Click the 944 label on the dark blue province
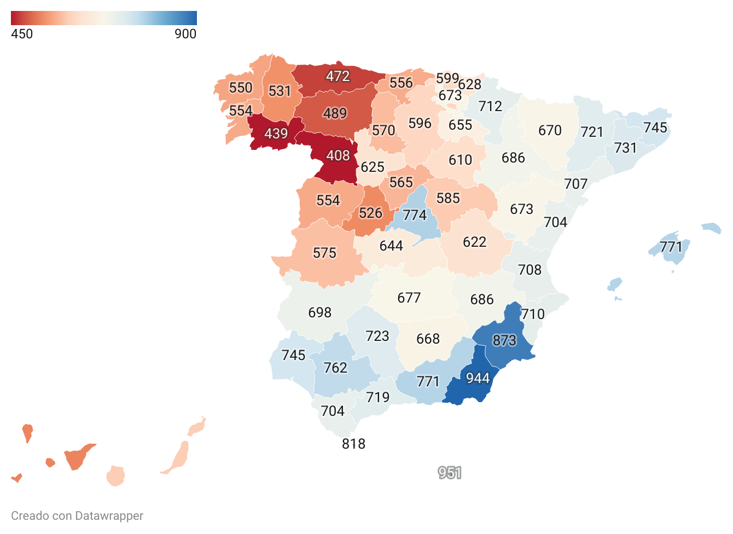coord(478,378)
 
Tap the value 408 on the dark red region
coord(338,156)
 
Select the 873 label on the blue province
coord(504,340)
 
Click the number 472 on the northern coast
coord(338,76)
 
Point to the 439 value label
coord(276,133)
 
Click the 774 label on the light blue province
coord(415,216)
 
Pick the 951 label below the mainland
coord(450,473)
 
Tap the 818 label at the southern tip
coord(353,444)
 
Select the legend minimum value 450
coord(22,34)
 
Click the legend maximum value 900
coord(185,34)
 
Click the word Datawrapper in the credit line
coord(109,516)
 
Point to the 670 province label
coord(550,130)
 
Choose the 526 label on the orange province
coord(370,213)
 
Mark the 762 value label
coord(335,368)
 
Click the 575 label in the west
coord(324,253)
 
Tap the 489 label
coord(335,113)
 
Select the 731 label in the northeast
coord(625,148)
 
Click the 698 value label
coord(319,312)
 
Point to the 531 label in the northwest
coord(280,91)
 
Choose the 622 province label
coord(474,242)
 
